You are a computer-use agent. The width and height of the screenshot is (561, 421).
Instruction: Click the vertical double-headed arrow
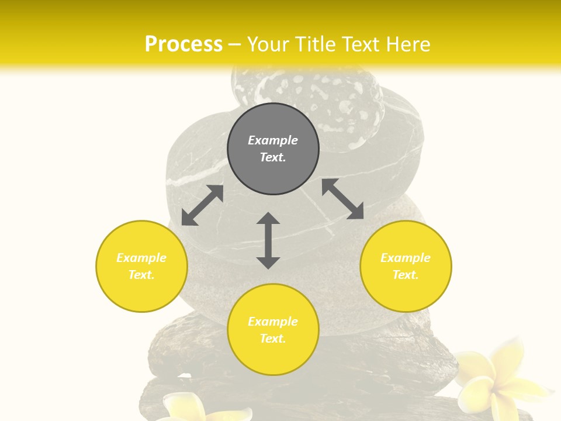click(268, 240)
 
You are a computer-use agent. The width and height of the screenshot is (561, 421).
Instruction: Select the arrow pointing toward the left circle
click(202, 205)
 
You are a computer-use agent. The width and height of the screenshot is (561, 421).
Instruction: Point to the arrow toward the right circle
click(342, 199)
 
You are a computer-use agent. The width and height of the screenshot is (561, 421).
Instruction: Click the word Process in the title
click(183, 44)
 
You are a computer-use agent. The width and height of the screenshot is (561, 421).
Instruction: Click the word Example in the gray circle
click(273, 140)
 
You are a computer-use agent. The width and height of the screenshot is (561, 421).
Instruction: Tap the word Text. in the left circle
click(141, 275)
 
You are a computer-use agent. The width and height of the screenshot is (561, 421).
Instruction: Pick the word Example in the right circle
click(406, 258)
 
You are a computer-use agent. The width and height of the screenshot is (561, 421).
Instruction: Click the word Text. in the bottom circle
click(273, 339)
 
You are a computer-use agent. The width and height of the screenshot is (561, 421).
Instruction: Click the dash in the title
click(235, 44)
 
